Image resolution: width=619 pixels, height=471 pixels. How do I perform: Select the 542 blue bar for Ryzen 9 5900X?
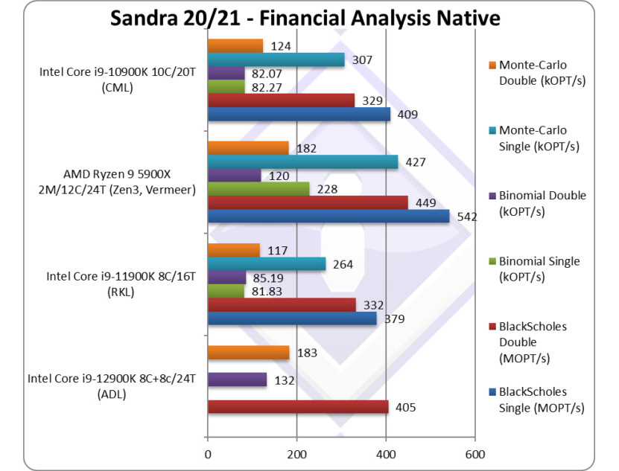(x=328, y=217)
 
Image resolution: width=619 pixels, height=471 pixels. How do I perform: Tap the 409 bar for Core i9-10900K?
(x=298, y=115)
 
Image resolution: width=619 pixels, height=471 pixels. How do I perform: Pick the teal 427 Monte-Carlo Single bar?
(x=302, y=162)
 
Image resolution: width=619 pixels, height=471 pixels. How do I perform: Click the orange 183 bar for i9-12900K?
(x=247, y=353)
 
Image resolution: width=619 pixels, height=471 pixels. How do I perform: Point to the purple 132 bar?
(x=236, y=380)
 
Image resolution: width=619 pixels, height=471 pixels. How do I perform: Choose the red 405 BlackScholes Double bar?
(x=297, y=407)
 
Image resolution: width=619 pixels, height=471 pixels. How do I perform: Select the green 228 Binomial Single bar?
(x=258, y=189)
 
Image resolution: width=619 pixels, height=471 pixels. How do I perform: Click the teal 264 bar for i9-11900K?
(x=266, y=263)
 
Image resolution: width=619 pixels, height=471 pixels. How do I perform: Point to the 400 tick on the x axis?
(x=386, y=454)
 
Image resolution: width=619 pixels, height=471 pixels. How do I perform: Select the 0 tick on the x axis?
(x=208, y=454)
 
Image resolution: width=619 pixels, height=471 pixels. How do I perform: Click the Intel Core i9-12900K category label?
(x=111, y=386)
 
